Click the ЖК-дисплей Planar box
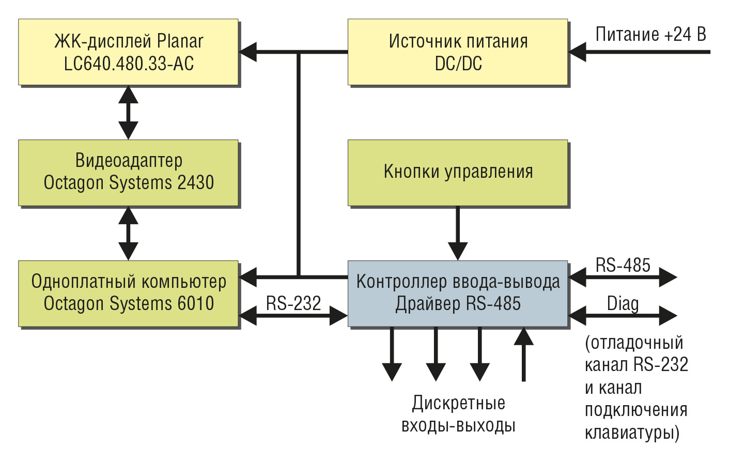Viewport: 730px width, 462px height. [x=128, y=52]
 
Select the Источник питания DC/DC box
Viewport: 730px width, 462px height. [x=458, y=52]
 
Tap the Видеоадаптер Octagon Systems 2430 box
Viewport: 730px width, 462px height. [x=128, y=173]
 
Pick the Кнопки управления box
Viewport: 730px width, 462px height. [x=458, y=173]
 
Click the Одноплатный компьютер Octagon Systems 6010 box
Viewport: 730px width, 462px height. [x=128, y=294]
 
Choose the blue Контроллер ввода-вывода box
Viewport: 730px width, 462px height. [x=458, y=294]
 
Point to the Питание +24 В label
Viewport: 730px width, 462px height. [x=651, y=34]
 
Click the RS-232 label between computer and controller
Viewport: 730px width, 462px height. [x=293, y=303]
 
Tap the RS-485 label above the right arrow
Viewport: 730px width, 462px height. [x=623, y=265]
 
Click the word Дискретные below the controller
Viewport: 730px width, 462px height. [x=459, y=403]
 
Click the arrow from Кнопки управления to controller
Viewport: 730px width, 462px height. [x=458, y=233]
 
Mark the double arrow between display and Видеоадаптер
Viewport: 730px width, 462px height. [x=128, y=113]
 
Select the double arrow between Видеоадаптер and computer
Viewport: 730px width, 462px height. [x=128, y=233]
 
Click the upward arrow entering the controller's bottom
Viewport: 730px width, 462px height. [x=523, y=354]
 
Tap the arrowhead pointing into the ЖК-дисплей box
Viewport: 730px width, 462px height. [x=247, y=52]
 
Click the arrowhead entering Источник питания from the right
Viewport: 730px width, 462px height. [x=577, y=52]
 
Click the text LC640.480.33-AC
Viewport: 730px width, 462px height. [x=129, y=64]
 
